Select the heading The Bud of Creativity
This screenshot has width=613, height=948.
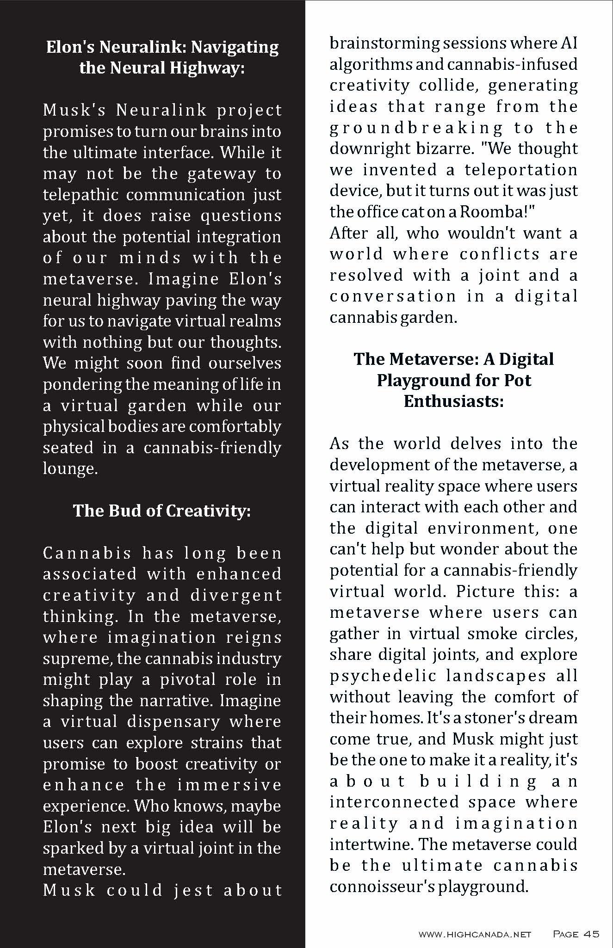click(x=161, y=511)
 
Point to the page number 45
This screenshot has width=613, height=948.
click(x=591, y=934)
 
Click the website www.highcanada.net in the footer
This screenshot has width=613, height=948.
click(x=474, y=934)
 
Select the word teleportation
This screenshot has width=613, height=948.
click(x=521, y=170)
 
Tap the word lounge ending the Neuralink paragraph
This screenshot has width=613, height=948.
click(x=70, y=468)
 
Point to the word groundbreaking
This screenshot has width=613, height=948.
click(x=416, y=128)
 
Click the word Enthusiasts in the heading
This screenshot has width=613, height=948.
click(x=453, y=401)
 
